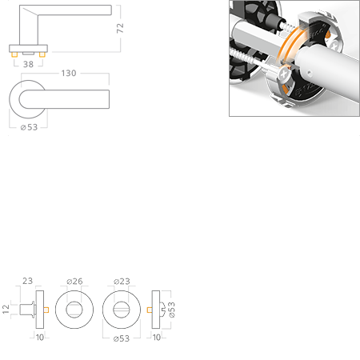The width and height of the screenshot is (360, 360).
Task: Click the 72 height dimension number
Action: (x=120, y=28)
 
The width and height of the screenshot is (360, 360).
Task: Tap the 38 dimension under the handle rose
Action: (x=28, y=64)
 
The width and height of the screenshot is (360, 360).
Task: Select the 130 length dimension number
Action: (x=69, y=73)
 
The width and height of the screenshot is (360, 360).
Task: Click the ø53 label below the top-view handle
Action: (x=29, y=127)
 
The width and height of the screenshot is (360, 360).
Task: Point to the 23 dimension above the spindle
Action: (x=27, y=281)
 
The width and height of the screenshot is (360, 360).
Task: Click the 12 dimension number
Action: (x=6, y=309)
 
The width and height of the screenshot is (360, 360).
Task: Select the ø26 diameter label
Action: (x=74, y=282)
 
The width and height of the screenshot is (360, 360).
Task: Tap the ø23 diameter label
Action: (x=122, y=282)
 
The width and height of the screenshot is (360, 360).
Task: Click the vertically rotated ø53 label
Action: (x=172, y=310)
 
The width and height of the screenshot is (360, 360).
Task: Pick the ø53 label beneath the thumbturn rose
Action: (x=122, y=338)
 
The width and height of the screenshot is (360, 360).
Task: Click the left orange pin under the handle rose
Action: (x=14, y=54)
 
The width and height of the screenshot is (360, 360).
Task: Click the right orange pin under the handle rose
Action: (x=42, y=54)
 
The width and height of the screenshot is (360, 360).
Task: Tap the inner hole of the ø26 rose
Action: (x=74, y=310)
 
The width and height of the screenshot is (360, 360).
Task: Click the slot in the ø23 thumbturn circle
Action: (x=122, y=310)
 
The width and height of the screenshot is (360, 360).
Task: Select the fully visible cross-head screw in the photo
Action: (x=284, y=74)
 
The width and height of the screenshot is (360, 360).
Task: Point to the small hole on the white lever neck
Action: (x=309, y=72)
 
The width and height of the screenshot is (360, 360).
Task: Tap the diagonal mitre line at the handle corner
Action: (x=30, y=11)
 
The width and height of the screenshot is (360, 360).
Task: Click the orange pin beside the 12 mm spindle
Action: (x=46, y=310)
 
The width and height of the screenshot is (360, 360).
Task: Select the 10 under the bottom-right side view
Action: (x=157, y=338)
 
